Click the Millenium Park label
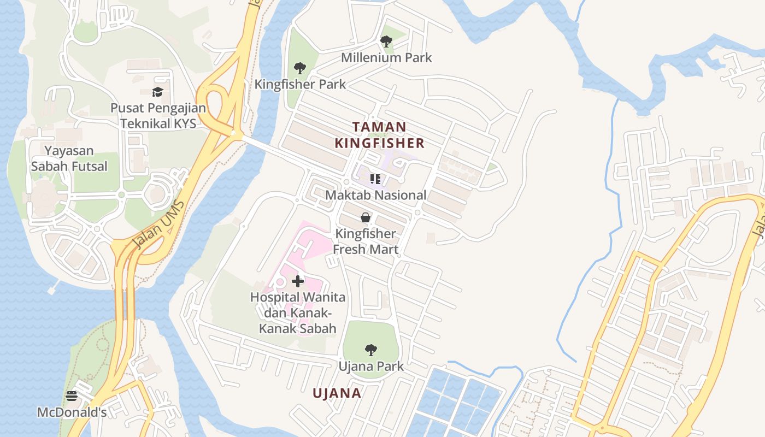coord(386,57)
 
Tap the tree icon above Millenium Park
coord(386,41)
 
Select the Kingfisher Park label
coord(300,84)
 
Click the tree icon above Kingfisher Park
coord(299,68)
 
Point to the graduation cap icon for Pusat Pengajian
coord(158,92)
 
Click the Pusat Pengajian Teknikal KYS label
coord(158,115)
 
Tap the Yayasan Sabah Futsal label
coord(69,158)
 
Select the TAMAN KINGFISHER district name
coord(379,135)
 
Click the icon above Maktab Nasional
coord(375,179)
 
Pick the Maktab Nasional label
coord(375,195)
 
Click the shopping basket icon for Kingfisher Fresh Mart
coord(366,217)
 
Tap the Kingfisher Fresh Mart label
coord(366,241)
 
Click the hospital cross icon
coord(298,281)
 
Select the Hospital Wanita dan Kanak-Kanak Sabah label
coord(298,313)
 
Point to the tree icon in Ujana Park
coord(371,350)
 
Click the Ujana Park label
coord(371,366)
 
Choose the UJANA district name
coord(337,393)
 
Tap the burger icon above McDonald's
coord(72,396)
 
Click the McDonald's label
coord(72,412)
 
